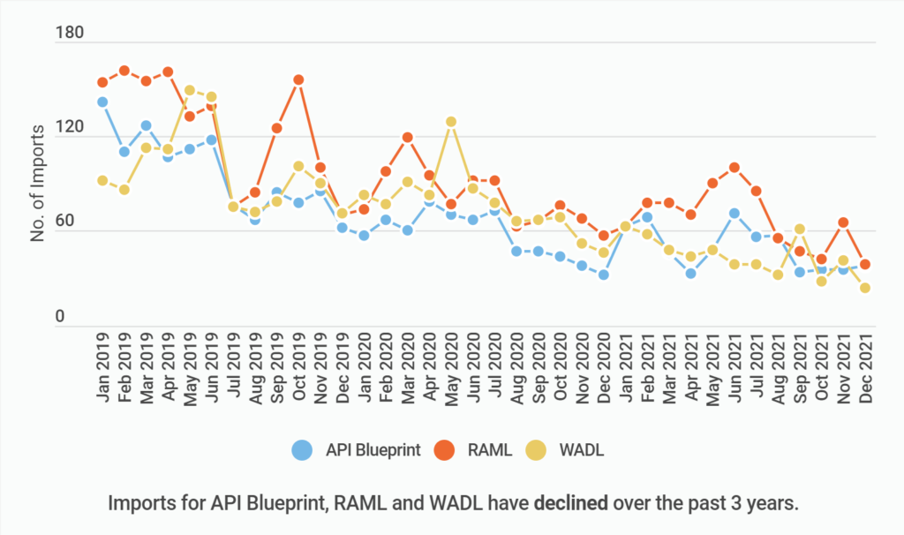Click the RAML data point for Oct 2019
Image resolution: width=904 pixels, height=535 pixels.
click(x=298, y=80)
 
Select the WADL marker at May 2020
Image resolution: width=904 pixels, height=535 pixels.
click(x=451, y=122)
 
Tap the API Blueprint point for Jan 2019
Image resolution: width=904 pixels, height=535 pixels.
click(x=102, y=102)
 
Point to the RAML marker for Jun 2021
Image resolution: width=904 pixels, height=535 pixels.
click(x=734, y=167)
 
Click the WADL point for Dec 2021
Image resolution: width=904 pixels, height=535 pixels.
click(x=865, y=288)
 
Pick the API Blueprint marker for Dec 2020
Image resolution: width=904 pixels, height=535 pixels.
click(x=604, y=275)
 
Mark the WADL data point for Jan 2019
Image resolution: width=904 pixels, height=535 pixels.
click(x=102, y=181)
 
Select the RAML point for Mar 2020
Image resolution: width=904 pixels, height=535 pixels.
click(x=408, y=138)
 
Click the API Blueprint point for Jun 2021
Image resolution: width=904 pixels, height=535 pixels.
click(x=734, y=214)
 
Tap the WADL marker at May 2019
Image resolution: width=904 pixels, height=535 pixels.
click(x=190, y=90)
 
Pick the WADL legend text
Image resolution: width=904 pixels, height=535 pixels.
click(x=581, y=450)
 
